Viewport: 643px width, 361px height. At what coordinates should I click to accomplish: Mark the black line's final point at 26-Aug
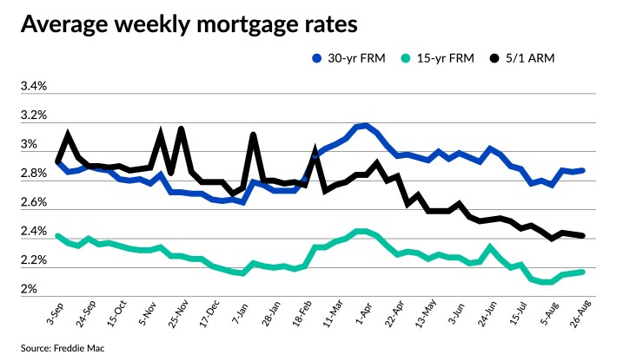[x=582, y=235]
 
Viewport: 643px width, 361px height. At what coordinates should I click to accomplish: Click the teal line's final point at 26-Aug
[x=582, y=272]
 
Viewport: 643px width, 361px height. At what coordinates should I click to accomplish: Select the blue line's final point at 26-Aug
[x=582, y=170]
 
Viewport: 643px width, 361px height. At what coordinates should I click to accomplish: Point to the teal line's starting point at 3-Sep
[x=57, y=235]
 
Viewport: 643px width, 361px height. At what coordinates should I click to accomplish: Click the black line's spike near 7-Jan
[x=253, y=135]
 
